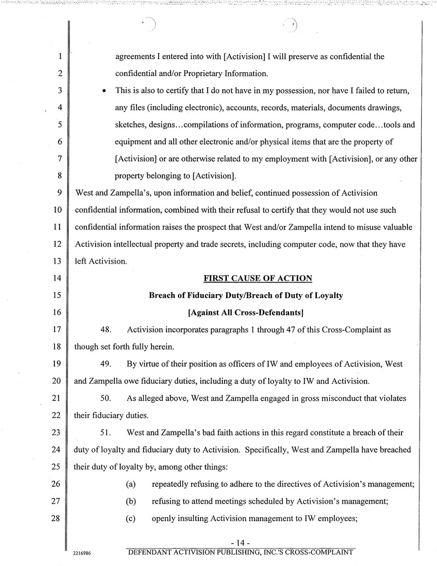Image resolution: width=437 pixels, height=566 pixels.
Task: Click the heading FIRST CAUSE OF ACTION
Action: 257,278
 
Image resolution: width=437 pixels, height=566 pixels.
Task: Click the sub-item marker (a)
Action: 131,485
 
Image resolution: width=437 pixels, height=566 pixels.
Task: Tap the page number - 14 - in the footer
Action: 240,542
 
